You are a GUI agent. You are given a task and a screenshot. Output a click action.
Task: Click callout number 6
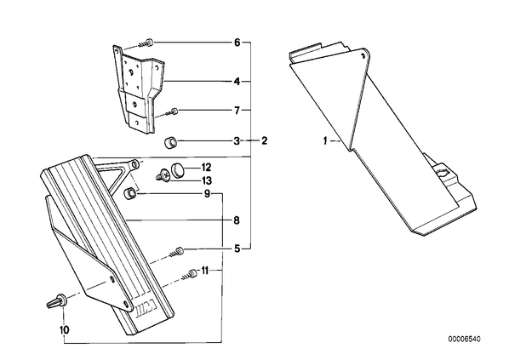click(237, 43)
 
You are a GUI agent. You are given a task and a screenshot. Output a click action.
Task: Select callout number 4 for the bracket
click(237, 81)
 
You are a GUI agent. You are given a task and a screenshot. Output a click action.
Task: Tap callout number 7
click(237, 111)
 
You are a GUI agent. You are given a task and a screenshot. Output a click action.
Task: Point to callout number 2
click(264, 141)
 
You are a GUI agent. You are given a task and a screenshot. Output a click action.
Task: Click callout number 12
click(207, 168)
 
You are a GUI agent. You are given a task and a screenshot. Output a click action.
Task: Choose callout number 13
click(207, 180)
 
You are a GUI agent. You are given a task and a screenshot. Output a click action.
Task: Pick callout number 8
click(237, 220)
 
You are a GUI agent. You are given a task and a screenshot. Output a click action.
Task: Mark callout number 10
click(65, 330)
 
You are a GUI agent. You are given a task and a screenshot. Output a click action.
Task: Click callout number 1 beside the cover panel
click(325, 141)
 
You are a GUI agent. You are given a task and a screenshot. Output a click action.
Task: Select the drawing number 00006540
click(464, 340)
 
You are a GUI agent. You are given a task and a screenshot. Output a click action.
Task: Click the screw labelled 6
click(146, 43)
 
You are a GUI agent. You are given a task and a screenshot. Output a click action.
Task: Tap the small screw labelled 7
click(172, 112)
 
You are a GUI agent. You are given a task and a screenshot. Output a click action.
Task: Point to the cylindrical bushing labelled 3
click(170, 143)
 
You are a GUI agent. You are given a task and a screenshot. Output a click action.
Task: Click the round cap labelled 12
click(177, 169)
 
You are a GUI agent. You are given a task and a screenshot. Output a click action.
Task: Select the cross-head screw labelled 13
click(163, 176)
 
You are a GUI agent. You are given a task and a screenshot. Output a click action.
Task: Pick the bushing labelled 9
click(130, 193)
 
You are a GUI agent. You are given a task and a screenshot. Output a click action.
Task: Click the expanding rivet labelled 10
click(57, 301)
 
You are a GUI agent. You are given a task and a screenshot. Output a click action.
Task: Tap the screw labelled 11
click(189, 274)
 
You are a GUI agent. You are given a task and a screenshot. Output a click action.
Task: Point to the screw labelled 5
click(176, 252)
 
